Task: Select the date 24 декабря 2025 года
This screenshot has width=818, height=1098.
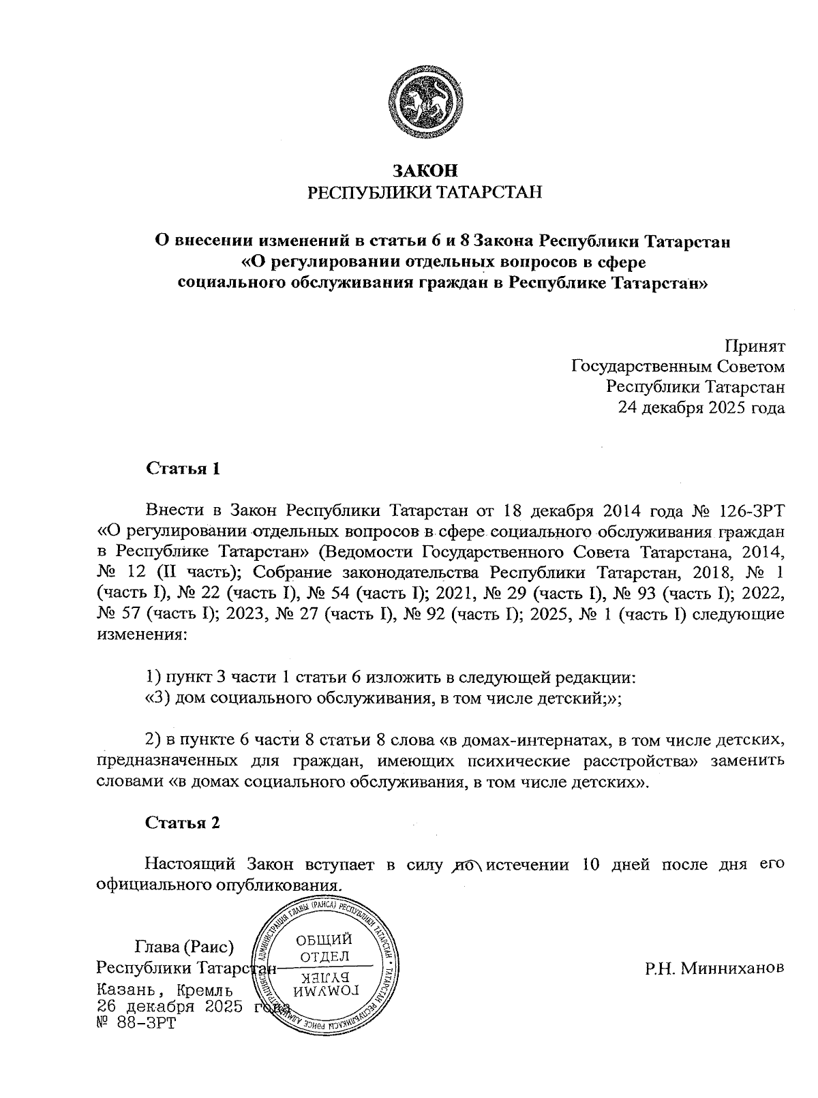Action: [701, 408]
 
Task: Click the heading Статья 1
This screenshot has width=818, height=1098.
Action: [183, 468]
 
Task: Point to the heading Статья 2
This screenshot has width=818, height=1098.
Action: [183, 822]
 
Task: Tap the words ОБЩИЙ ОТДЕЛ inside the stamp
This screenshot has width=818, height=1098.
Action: [324, 948]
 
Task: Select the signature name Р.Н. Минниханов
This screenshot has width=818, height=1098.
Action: [714, 968]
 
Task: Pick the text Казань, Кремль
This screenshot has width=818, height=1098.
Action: [166, 990]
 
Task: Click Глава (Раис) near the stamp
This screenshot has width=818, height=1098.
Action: [185, 947]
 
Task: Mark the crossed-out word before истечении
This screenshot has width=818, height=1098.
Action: [466, 865]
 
